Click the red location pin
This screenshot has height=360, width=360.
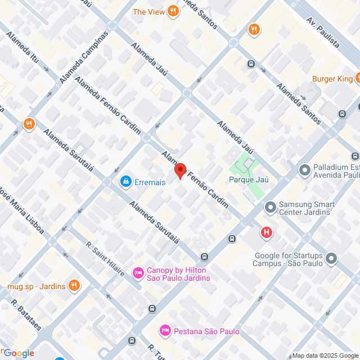click(180, 170)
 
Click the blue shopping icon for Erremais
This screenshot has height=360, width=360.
click(125, 181)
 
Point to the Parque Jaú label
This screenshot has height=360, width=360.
click(249, 179)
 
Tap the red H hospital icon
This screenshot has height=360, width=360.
click(267, 232)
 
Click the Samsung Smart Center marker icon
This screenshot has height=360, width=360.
click(271, 208)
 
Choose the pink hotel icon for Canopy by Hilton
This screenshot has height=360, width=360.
click(138, 273)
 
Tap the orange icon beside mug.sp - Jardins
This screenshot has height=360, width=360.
click(74, 286)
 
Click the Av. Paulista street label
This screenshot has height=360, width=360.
click(323, 33)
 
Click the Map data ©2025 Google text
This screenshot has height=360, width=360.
click(325, 355)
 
